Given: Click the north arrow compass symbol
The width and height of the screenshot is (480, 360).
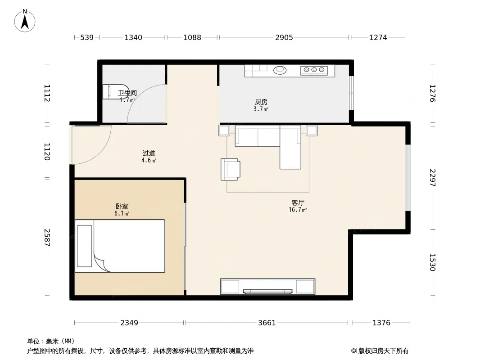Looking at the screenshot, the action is pyautogui.click(x=25, y=21).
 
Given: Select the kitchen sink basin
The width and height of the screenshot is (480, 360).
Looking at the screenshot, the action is pyautogui.click(x=280, y=70).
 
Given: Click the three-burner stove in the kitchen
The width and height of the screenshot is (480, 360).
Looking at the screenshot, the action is pyautogui.click(x=314, y=71).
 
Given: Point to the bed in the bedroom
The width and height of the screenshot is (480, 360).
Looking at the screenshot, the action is pyautogui.click(x=120, y=246).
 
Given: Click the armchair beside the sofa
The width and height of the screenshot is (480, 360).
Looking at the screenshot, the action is pyautogui.click(x=231, y=169).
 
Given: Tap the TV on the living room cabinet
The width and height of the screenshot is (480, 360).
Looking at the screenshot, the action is pyautogui.click(x=267, y=292).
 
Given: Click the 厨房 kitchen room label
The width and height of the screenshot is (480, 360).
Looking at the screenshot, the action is pyautogui.click(x=261, y=102).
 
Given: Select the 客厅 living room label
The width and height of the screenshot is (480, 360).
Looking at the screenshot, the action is pyautogui.click(x=298, y=203).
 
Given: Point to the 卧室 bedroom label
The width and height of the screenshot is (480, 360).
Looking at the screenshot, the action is pyautogui.click(x=122, y=207).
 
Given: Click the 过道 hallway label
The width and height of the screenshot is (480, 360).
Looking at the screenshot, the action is pyautogui.click(x=149, y=153).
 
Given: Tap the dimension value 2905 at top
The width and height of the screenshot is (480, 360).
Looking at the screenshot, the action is pyautogui.click(x=284, y=37).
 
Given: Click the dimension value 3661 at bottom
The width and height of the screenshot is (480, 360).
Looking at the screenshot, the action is pyautogui.click(x=267, y=323).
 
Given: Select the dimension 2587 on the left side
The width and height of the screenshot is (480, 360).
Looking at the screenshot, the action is pyautogui.click(x=47, y=237).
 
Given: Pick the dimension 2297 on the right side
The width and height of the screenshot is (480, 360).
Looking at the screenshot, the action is pyautogui.click(x=432, y=178).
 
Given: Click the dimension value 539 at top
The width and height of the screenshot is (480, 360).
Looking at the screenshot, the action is pyautogui.click(x=87, y=37).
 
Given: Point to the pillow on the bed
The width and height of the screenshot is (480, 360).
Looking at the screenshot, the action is pyautogui.click(x=85, y=246).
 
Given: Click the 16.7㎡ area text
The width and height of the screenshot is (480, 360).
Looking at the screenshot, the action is pyautogui.click(x=298, y=210).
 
